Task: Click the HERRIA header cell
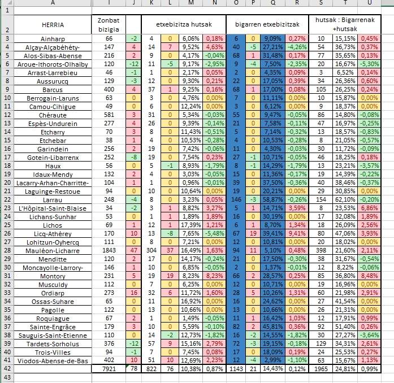[x=53, y=25]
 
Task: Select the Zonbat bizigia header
[x=109, y=25]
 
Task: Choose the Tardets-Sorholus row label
[x=53, y=342]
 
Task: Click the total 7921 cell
[x=109, y=368]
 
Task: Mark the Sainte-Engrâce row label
[x=53, y=325]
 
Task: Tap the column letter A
[x=53, y=3]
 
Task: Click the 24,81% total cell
[x=344, y=368]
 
